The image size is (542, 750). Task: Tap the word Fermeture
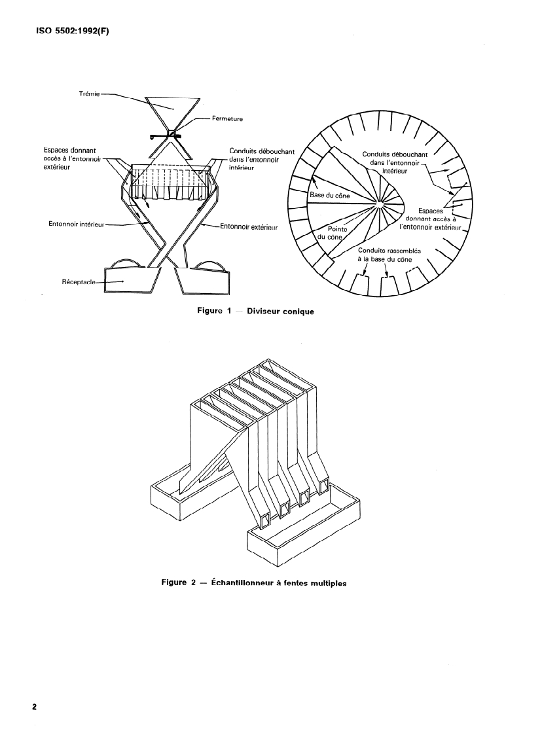(x=228, y=119)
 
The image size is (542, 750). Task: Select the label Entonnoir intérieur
(x=76, y=224)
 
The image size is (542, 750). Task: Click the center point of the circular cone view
(x=378, y=207)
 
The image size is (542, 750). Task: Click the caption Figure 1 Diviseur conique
(x=255, y=312)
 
